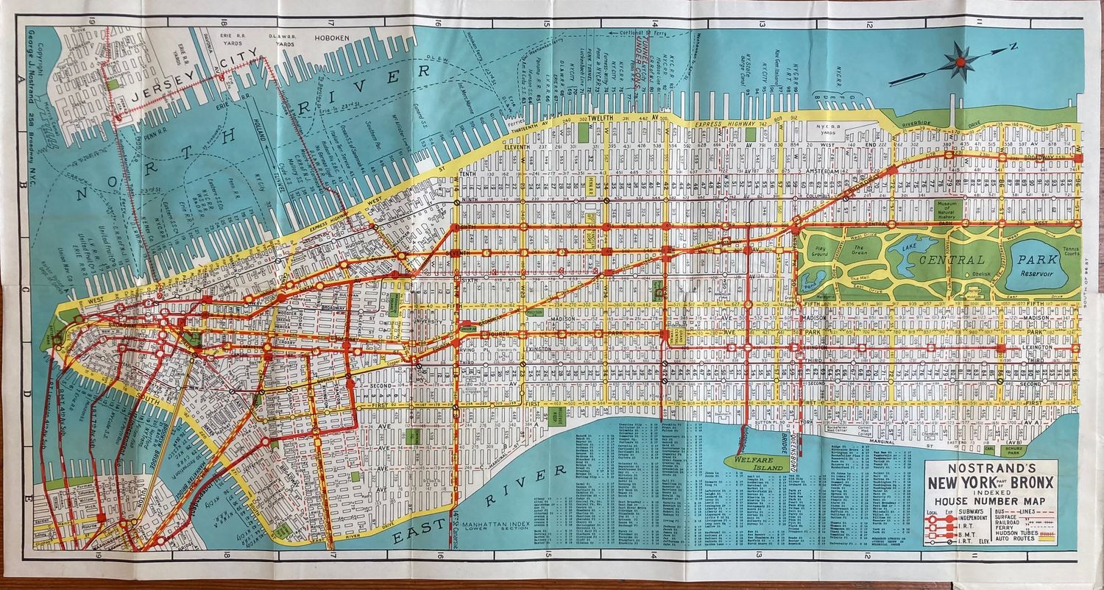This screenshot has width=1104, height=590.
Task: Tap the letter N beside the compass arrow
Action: pyautogui.click(x=1013, y=47)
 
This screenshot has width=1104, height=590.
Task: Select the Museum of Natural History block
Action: pyautogui.click(x=946, y=209)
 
